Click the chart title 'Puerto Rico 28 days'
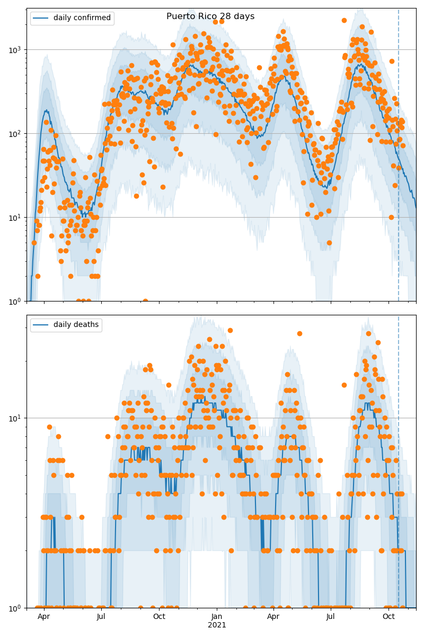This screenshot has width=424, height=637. click(x=210, y=16)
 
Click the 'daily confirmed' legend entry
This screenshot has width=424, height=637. click(x=82, y=18)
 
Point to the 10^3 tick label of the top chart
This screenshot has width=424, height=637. click(x=16, y=50)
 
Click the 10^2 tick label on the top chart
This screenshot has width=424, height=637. click(x=16, y=134)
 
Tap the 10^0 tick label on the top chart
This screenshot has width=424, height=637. click(x=16, y=302)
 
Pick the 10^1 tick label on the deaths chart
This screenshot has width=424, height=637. click(x=16, y=418)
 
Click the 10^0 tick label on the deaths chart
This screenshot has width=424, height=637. click(x=16, y=608)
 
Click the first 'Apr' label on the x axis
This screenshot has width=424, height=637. click(x=44, y=617)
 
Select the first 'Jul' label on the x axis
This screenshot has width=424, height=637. click(x=101, y=617)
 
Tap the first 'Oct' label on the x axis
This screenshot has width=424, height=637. click(x=159, y=617)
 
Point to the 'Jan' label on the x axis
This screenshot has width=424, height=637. click(x=217, y=617)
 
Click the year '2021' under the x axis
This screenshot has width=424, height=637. click(x=217, y=625)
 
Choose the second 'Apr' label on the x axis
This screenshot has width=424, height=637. click(x=273, y=617)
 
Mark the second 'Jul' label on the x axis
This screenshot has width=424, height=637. click(x=331, y=617)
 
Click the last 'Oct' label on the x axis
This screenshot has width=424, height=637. click(x=389, y=617)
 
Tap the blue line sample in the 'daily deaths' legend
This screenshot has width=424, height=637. click(x=41, y=325)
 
